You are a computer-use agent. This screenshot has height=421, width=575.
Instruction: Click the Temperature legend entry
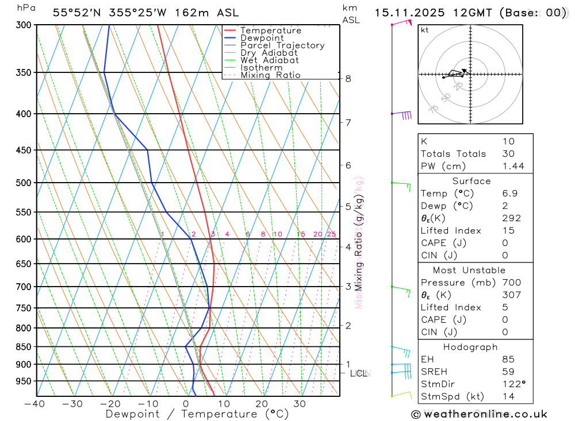tap(270, 30)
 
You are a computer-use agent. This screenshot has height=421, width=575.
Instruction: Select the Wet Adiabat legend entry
tap(269, 60)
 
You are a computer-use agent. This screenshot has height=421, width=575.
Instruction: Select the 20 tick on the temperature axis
tap(261, 404)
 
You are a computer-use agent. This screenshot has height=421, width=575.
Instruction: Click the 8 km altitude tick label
tap(348, 79)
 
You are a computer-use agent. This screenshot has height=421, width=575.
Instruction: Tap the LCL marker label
tap(358, 373)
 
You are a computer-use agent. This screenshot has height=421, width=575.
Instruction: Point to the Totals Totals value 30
tap(508, 154)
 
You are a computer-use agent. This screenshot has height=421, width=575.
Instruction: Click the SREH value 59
tap(508, 372)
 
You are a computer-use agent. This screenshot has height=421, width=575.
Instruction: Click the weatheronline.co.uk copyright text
tap(480, 414)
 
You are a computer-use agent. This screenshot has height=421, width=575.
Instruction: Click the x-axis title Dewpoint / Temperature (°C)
tap(197, 414)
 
